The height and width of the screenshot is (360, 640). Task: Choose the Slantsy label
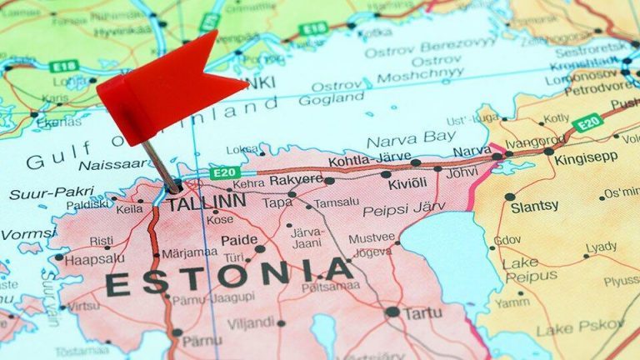coord(534,205)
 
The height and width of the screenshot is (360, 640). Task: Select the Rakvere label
coord(295,179)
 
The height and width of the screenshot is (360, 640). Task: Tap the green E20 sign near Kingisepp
coord(587,122)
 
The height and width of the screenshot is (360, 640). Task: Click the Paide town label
coord(240,241)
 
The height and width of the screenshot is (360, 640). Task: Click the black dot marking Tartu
coord(392,312)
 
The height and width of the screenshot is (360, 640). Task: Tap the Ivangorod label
coord(535,142)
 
